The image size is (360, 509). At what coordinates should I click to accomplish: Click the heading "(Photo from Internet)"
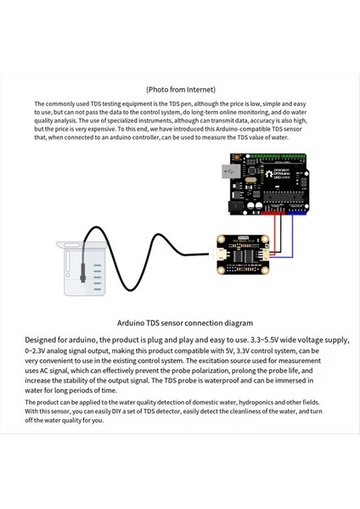pos(180,88)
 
